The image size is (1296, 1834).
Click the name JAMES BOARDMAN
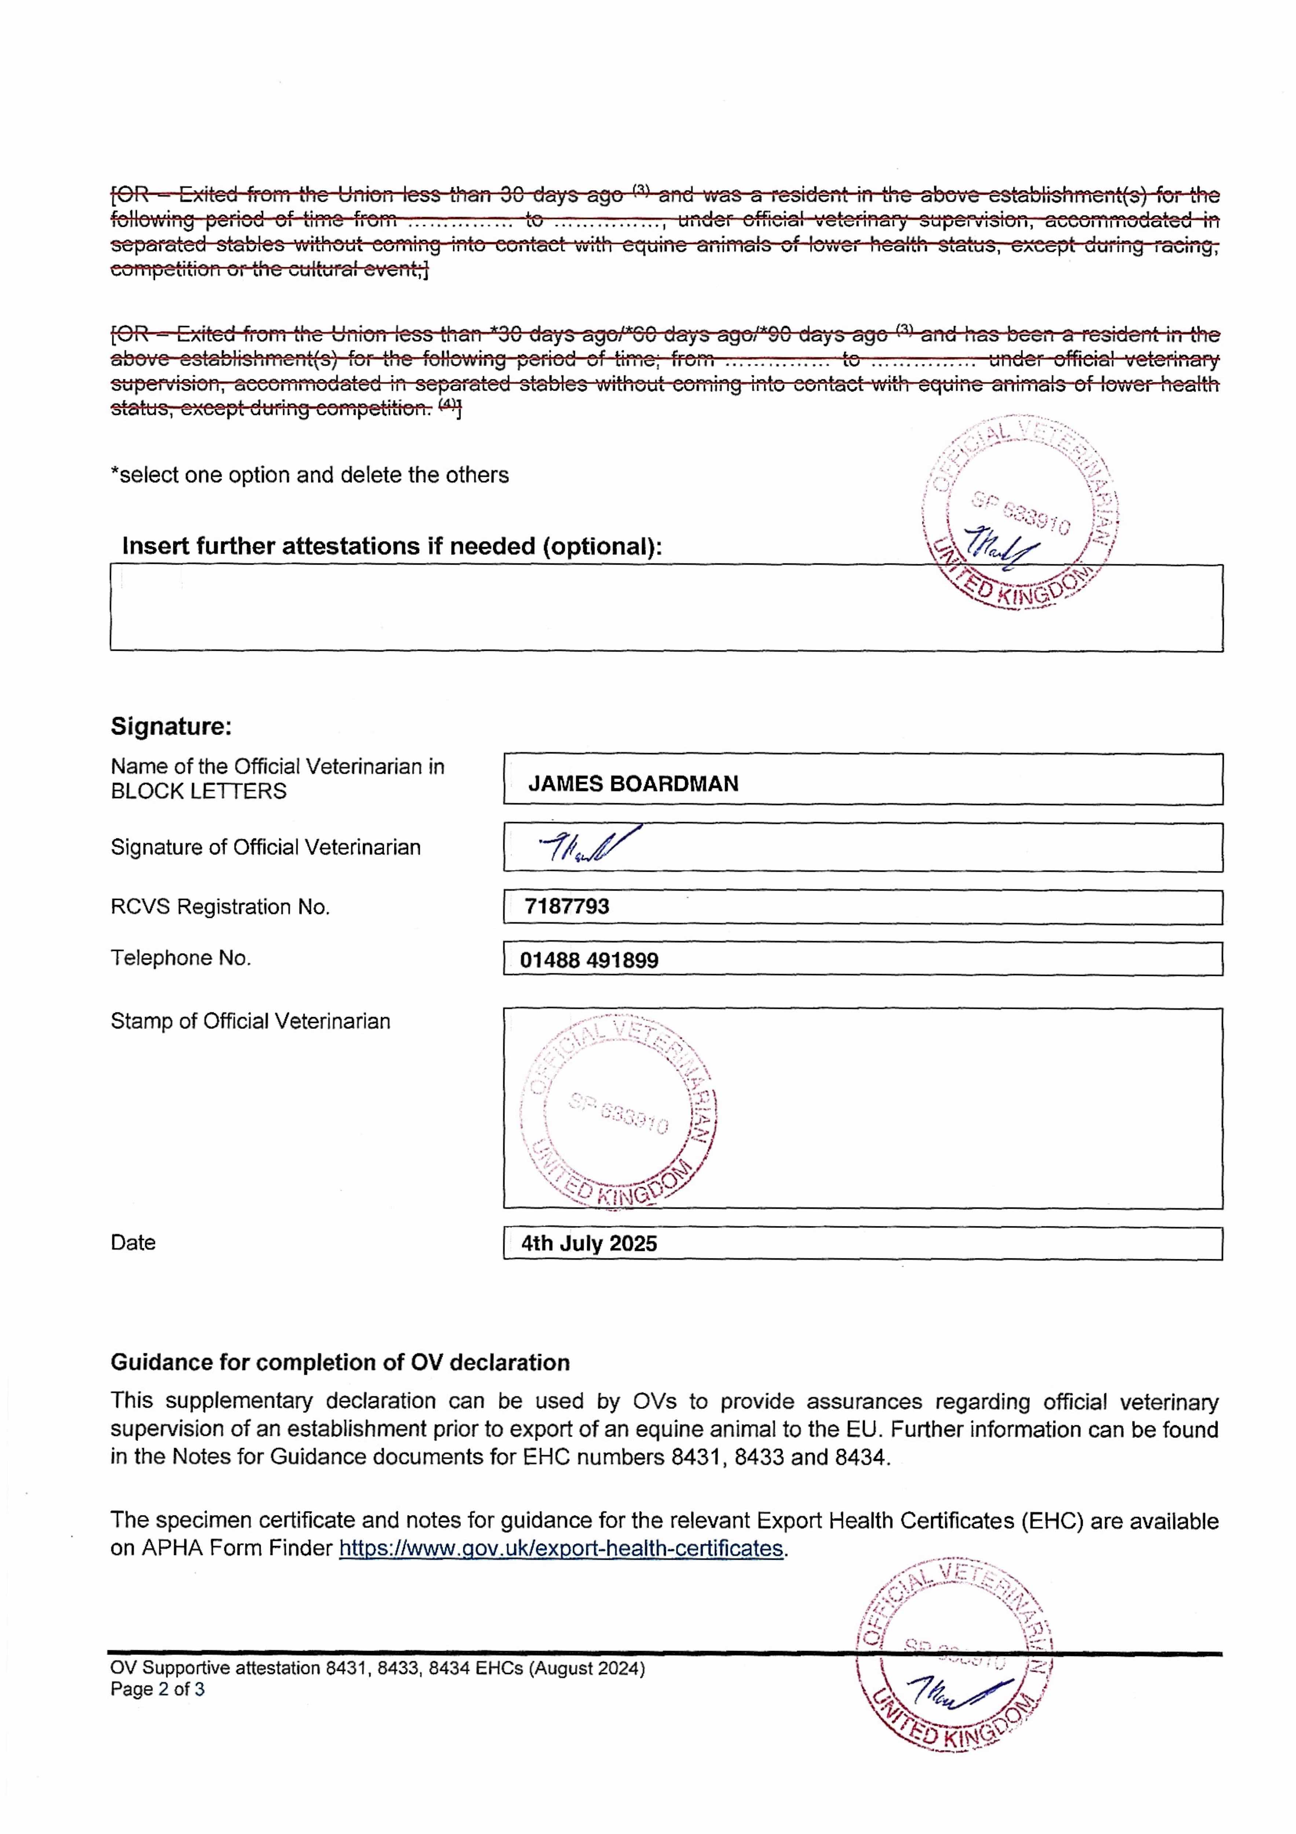pyautogui.click(x=633, y=783)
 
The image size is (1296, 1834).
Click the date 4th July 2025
pyautogui.click(x=589, y=1244)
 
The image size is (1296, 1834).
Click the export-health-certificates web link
pyautogui.click(x=561, y=1548)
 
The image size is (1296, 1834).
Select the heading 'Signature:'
pyautogui.click(x=171, y=726)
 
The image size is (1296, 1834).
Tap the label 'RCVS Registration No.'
pyautogui.click(x=220, y=907)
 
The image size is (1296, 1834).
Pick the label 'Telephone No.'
pyautogui.click(x=180, y=958)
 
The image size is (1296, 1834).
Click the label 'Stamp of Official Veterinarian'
pyautogui.click(x=250, y=1021)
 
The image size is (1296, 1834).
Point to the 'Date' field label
pyautogui.click(x=133, y=1242)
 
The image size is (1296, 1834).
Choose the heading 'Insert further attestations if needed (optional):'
pyautogui.click(x=391, y=547)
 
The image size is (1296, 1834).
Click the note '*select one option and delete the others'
pyautogui.click(x=309, y=475)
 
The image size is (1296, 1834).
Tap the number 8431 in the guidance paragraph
pyautogui.click(x=693, y=1457)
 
